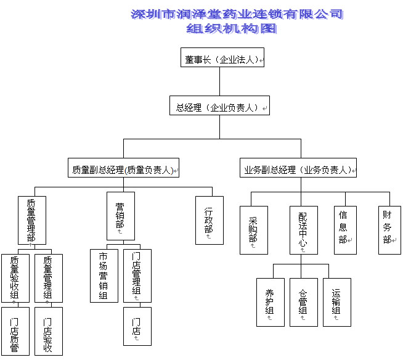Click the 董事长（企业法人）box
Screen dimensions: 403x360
coord(222,57)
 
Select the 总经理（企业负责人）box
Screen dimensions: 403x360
coord(219,105)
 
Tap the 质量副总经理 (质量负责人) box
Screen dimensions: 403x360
coord(123,168)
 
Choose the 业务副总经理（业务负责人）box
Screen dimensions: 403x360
coord(298,168)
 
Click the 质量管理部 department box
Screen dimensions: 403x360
coord(32,220)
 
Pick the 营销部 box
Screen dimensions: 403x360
coord(121,216)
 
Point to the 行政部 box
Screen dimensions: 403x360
coord(210,220)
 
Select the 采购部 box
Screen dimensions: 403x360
coord(254,230)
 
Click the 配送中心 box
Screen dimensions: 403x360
coord(304,230)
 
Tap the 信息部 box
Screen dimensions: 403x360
coord(346,230)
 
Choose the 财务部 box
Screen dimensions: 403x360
coord(389,230)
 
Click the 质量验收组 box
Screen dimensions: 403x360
coord(15,278)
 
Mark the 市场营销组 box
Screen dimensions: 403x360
coord(104,276)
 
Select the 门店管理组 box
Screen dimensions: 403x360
coord(137,276)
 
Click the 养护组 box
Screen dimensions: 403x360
coord(271,303)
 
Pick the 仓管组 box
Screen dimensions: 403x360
coord(304,303)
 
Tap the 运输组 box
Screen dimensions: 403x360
coord(337,303)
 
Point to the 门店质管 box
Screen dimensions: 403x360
coord(15,331)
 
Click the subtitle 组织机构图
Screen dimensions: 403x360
coord(231,28)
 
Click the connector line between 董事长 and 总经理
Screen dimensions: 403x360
coord(220,81)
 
